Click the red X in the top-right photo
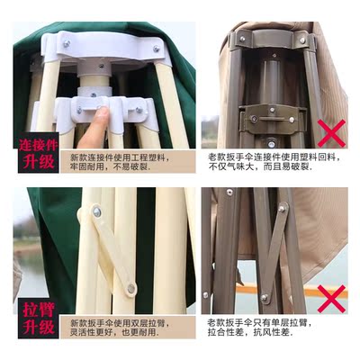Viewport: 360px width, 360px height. [x=331, y=133]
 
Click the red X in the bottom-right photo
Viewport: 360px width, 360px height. [x=331, y=299]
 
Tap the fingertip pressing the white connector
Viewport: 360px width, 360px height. [x=103, y=112]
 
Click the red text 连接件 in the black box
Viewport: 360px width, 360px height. [x=38, y=145]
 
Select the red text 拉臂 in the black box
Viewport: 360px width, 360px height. [x=38, y=310]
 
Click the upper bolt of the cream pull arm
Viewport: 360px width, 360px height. [x=97, y=211]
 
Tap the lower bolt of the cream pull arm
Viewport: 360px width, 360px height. [x=131, y=289]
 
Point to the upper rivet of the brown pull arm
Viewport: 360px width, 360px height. [x=282, y=208]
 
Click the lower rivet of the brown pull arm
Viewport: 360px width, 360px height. [x=264, y=298]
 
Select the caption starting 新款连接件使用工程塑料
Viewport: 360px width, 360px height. [x=119, y=162]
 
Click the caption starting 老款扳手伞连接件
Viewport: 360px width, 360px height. [x=274, y=162]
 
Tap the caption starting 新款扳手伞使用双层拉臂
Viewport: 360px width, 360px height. [x=120, y=328]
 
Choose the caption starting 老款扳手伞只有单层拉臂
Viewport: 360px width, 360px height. [x=260, y=328]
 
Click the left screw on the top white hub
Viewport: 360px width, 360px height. [x=67, y=44]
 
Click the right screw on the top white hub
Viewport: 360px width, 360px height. [x=156, y=49]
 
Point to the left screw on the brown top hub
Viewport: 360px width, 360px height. [x=242, y=39]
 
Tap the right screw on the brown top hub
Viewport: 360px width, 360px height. [x=302, y=40]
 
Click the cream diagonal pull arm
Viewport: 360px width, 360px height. [x=114, y=250]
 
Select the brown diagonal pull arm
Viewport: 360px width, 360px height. [x=273, y=253]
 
